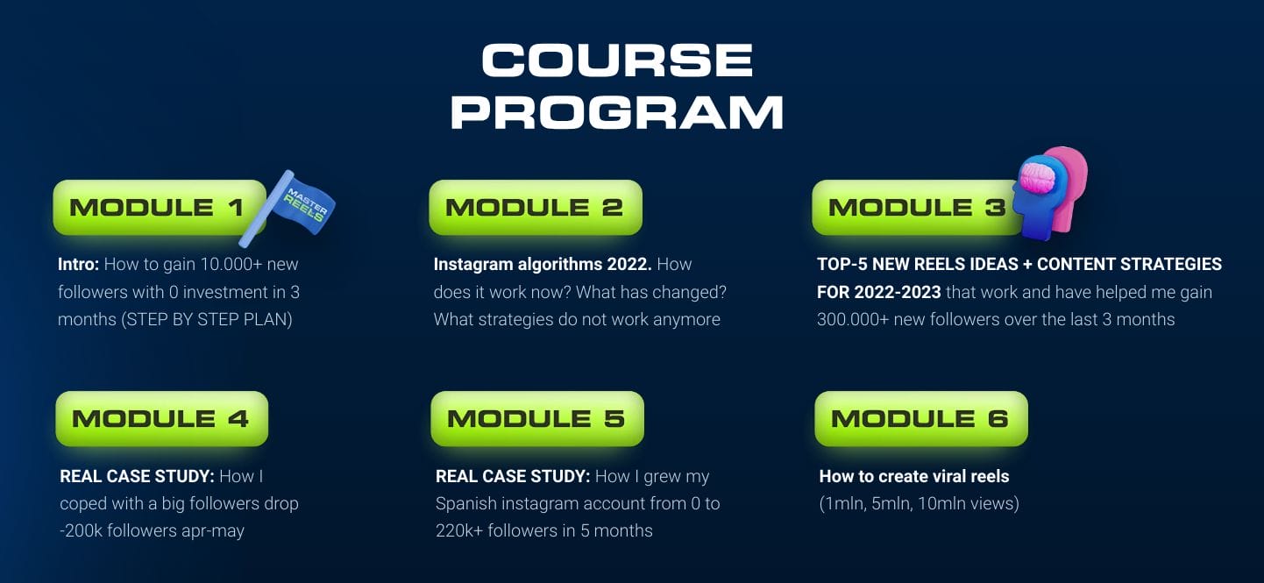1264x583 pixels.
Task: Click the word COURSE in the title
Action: click(x=617, y=60)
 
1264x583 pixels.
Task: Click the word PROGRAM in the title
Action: click(x=617, y=112)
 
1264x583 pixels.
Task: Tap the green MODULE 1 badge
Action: click(x=159, y=208)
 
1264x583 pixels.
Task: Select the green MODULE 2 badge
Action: click(x=535, y=208)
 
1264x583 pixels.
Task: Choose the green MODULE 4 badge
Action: click(x=161, y=419)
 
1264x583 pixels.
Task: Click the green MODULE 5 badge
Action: click(x=536, y=419)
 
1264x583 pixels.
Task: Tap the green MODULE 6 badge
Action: click(x=920, y=419)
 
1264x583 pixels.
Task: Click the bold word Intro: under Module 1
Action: click(x=80, y=264)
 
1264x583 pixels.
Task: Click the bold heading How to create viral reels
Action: click(x=913, y=477)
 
